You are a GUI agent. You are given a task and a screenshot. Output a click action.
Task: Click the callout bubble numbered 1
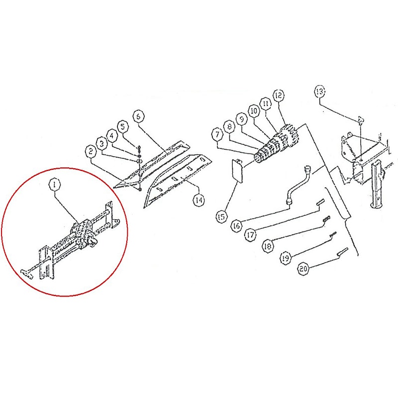click(x=54, y=185)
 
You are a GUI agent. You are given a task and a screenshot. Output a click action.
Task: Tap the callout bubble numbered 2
click(x=91, y=152)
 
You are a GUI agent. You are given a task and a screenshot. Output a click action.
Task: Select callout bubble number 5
click(x=123, y=126)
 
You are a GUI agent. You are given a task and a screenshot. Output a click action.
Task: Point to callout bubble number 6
click(x=138, y=116)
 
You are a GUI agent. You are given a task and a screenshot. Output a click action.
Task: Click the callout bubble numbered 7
click(x=217, y=135)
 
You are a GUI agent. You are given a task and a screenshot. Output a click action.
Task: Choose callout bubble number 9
click(x=242, y=119)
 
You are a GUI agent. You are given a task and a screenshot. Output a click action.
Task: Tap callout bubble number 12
click(x=279, y=96)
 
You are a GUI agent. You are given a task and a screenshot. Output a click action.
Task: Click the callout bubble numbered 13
click(x=320, y=92)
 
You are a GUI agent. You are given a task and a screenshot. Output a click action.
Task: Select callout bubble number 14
click(x=199, y=200)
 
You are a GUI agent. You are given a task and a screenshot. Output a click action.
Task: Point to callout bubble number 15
click(x=221, y=217)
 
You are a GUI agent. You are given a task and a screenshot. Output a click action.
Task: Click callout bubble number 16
click(x=236, y=225)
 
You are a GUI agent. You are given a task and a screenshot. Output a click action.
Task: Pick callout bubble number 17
click(x=251, y=234)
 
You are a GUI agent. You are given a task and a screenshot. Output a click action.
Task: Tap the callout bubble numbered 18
click(x=268, y=246)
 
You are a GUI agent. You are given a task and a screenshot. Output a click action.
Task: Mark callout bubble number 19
click(x=286, y=258)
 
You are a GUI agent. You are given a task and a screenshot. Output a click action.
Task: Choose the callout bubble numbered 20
click(x=303, y=269)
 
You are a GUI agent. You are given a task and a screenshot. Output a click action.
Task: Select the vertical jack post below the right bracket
click(x=377, y=186)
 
